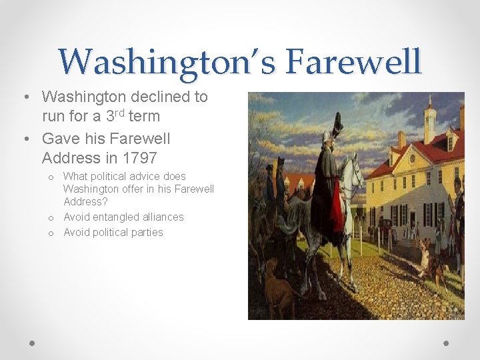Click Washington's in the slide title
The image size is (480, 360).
coord(167,61)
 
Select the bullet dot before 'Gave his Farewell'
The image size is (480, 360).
coord(24,139)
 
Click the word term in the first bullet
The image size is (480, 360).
coord(145,116)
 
